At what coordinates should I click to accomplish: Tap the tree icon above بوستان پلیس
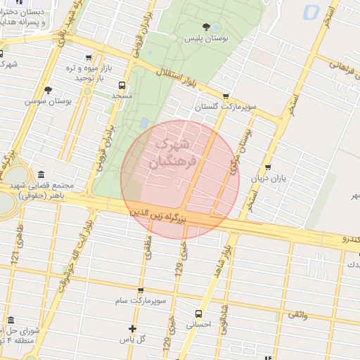tap(206, 27)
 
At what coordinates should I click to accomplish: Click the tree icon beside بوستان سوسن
tap(48, 90)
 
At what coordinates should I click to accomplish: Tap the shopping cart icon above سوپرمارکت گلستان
tap(225, 97)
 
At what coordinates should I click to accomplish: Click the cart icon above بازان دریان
tap(267, 167)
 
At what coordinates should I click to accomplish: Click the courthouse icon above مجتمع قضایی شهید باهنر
tap(41, 174)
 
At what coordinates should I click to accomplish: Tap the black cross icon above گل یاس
tap(132, 328)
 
